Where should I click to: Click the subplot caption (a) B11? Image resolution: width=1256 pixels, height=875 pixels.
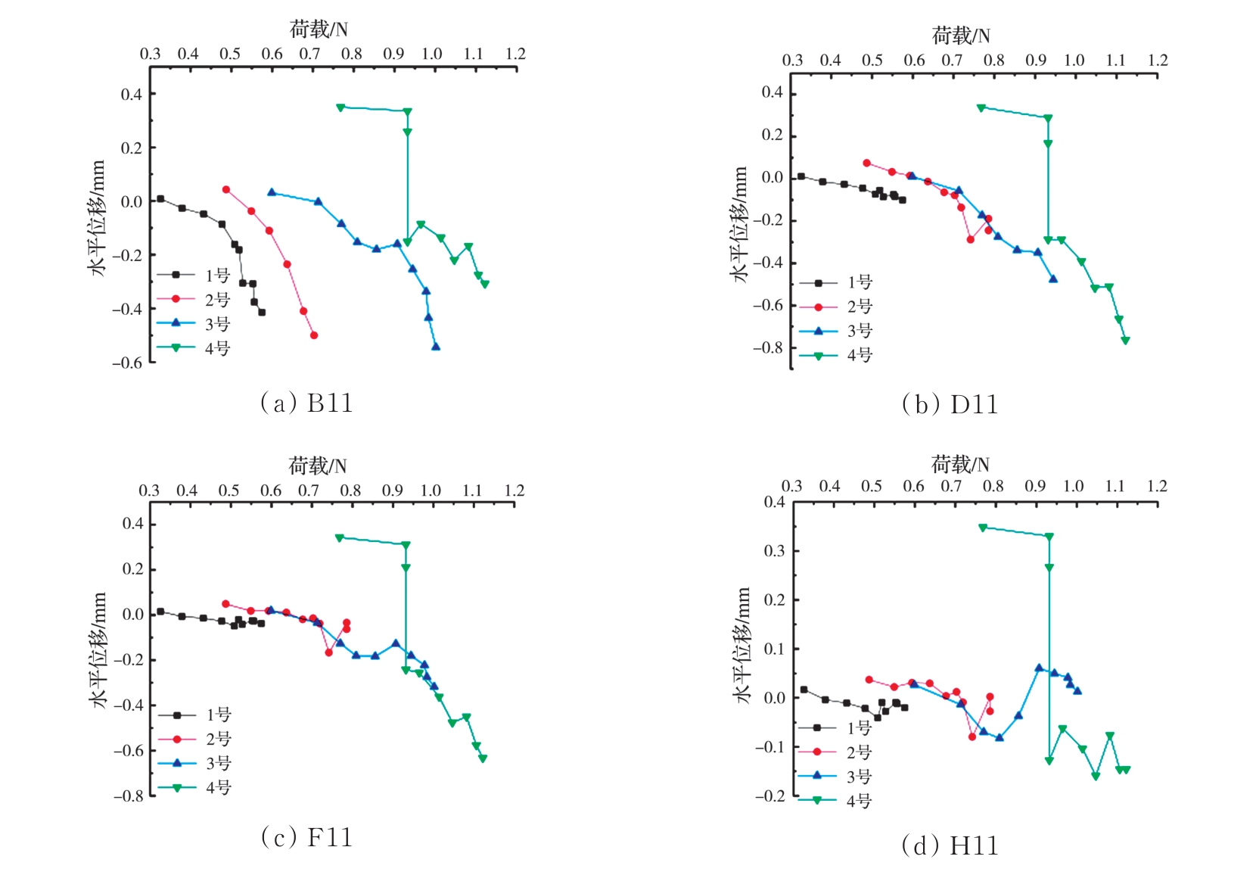(x=306, y=403)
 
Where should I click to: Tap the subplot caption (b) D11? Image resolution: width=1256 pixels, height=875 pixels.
(x=950, y=405)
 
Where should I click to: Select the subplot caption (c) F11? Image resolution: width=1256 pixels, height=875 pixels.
(x=306, y=837)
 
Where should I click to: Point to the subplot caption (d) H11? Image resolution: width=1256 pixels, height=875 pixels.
(x=950, y=845)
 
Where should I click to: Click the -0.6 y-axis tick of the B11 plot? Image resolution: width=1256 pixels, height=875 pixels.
(x=127, y=363)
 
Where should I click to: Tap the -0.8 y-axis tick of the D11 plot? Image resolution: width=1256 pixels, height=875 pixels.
(x=768, y=348)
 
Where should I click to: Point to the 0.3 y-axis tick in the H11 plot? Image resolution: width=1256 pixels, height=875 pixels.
(x=774, y=551)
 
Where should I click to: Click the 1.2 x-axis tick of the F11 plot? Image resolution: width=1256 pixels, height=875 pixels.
(x=515, y=490)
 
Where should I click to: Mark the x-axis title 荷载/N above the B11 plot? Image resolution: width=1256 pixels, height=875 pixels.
(x=319, y=30)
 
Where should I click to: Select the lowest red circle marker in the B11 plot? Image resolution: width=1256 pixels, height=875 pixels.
(x=314, y=335)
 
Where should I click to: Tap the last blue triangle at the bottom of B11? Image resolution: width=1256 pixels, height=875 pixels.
(x=436, y=347)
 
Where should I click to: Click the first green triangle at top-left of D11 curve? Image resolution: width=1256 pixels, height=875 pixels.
(x=981, y=107)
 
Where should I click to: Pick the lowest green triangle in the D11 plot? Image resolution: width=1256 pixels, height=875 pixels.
(x=1125, y=341)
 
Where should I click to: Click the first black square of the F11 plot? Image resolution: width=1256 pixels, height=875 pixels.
(x=160, y=612)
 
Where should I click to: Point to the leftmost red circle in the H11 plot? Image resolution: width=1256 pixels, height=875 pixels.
(x=869, y=680)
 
